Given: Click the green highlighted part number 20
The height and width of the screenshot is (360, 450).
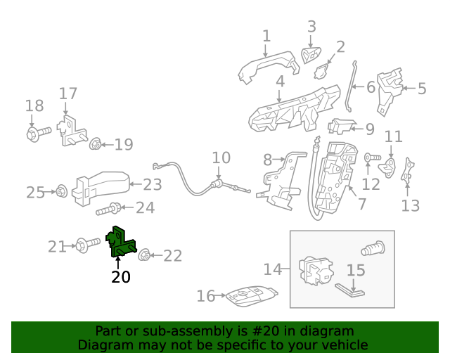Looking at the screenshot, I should coord(120,243).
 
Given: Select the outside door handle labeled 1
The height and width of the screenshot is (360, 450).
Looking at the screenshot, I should coord(267,68).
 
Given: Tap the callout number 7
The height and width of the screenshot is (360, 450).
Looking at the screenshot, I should coord(361,205).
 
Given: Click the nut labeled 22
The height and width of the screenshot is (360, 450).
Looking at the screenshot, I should coord(144,255).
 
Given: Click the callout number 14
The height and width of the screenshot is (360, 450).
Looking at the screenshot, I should coord(272,269).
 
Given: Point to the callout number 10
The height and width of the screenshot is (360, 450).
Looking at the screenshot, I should coord(221,157).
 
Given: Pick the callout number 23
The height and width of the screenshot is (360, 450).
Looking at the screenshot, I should coord(153,185).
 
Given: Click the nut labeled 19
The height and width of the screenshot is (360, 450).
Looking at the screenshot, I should coord(96,145).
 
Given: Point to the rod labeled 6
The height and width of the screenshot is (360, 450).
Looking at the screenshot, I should coord(349,87).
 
